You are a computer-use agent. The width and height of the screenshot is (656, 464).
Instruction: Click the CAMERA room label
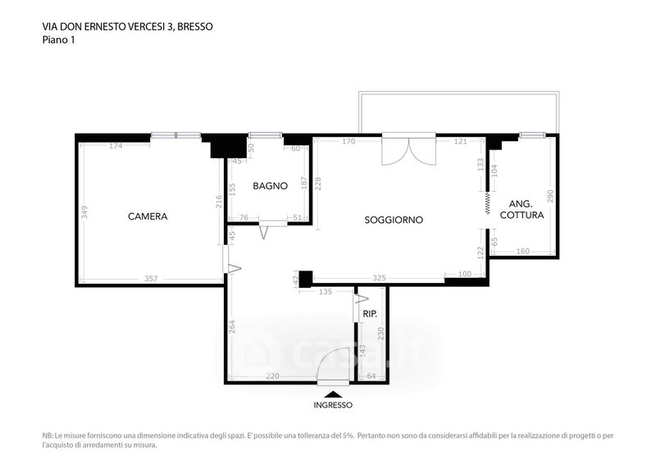(148, 216)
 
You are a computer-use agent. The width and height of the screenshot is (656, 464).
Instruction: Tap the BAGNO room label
(271, 186)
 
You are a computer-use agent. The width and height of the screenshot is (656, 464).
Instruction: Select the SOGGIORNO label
(394, 220)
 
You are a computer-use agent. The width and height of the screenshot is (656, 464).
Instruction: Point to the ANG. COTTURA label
(522, 210)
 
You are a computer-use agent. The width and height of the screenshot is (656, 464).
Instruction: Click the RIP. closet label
(370, 314)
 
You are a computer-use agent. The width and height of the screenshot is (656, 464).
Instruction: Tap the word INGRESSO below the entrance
(333, 405)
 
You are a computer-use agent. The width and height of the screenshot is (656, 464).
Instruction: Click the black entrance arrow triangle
(333, 394)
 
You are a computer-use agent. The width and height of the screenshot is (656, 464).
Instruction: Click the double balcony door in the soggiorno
(408, 149)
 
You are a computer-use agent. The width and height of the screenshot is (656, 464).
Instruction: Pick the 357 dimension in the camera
(151, 278)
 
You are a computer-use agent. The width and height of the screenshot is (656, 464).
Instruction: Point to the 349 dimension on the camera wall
(84, 212)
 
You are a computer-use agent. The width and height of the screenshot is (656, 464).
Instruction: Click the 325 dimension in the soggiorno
(379, 278)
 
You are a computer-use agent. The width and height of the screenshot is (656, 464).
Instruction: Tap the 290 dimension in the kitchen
(550, 196)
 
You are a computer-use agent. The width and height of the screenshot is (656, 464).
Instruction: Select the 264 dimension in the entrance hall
(233, 327)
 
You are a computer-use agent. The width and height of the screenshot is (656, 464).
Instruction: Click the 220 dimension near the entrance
(273, 376)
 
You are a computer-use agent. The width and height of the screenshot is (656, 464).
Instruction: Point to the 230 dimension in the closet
(380, 334)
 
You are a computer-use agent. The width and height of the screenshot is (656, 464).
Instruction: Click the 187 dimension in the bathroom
(304, 183)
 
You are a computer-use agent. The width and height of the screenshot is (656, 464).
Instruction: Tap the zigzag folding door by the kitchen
(487, 203)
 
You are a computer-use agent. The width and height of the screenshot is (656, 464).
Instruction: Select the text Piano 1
(58, 40)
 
